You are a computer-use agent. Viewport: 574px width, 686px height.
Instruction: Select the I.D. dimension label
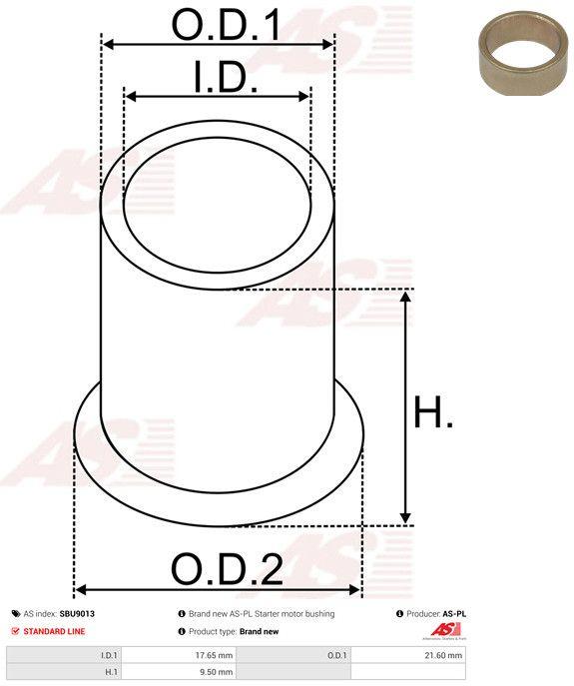pos(225,78)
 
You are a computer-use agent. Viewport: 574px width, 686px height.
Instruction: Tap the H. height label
pos(433,412)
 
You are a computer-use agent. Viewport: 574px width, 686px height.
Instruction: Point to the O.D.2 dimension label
pos(227,570)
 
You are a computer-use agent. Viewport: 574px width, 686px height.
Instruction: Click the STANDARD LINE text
pos(55,631)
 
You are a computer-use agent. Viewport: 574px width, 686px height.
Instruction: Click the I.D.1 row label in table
pos(109,655)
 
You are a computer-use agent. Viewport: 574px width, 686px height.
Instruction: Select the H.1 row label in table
pos(110,674)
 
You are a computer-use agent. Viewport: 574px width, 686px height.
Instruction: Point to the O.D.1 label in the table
pos(336,655)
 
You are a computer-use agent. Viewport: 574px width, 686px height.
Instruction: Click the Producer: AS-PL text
pos(436,614)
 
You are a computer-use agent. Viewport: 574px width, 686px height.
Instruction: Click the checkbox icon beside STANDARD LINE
pos(15,631)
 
